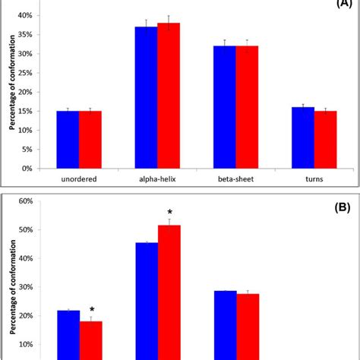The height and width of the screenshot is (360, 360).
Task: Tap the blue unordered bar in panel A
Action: pos(68,140)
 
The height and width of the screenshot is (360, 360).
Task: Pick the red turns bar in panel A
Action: pos(325,140)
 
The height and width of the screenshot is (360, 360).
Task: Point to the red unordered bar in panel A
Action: pos(90,140)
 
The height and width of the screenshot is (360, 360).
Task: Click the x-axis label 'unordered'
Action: pos(79,181)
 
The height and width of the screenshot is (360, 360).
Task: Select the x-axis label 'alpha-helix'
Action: pos(157,181)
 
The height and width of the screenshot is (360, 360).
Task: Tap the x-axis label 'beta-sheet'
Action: pos(235,181)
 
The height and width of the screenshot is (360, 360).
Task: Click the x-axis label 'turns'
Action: pos(314,181)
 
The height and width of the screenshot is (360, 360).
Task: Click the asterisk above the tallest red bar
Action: pos(169,213)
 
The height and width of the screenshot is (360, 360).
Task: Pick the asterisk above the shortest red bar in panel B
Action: pos(91,310)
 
